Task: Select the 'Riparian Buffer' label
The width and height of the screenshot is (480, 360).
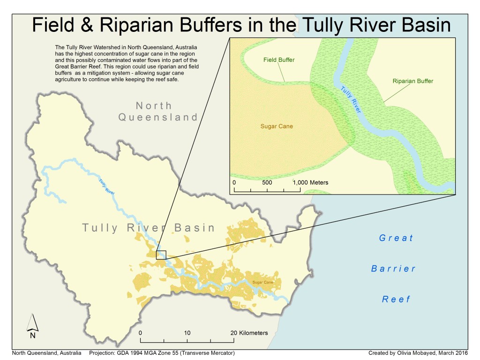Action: (412, 81)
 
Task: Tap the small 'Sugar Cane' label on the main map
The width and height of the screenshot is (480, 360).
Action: (263, 282)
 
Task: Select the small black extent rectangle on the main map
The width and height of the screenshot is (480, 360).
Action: (161, 255)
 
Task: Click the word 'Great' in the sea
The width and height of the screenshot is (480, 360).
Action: (396, 238)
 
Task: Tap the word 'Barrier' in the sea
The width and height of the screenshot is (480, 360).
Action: (393, 269)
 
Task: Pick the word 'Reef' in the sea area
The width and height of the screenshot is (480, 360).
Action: (396, 299)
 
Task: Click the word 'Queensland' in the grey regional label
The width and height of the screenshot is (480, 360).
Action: (158, 117)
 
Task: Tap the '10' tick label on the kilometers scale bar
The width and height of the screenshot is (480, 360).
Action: (187, 333)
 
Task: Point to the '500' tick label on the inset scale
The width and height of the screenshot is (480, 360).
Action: (267, 182)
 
